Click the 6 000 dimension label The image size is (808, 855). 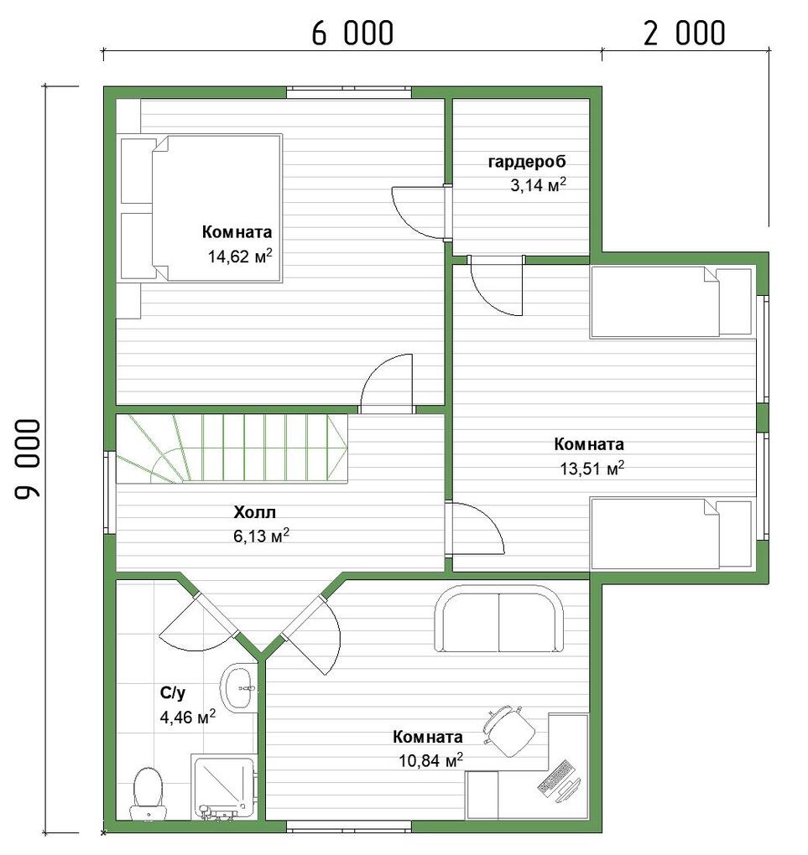pos(352,33)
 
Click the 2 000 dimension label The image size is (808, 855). pos(685,33)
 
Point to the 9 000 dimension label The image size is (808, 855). pos(28,459)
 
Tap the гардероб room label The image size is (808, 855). pos(526,162)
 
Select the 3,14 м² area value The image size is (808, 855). pos(539,185)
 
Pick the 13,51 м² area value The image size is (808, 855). pos(592,468)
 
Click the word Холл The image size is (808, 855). pos(254,512)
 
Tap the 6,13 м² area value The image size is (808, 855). pos(261,536)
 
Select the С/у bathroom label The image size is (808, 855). pos(173,693)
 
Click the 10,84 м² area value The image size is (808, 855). pos(430,759)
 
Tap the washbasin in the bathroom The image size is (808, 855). pos(238,687)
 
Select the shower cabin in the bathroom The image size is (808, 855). pos(223,786)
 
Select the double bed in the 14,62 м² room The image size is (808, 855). pos(201,208)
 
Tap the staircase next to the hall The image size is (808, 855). pos(232,448)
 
